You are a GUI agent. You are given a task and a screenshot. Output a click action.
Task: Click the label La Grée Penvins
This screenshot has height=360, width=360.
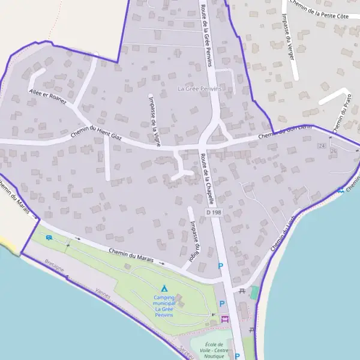[200, 89]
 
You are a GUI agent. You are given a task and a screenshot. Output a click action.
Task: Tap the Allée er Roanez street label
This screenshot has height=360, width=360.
[48, 97]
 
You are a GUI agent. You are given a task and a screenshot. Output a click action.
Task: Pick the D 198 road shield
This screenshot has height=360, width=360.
[213, 212]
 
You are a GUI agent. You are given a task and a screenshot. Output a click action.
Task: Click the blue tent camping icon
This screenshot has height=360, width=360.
[164, 289]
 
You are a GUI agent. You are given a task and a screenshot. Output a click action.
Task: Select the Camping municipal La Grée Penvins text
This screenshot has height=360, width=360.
[164, 306]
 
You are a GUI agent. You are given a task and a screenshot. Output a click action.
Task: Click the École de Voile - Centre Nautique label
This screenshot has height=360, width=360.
[214, 350]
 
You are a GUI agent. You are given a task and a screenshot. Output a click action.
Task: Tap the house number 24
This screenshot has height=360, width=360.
[322, 146]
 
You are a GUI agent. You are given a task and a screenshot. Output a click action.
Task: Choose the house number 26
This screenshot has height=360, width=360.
[334, 151]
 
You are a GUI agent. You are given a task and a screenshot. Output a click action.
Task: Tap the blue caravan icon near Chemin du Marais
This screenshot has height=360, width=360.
[49, 237]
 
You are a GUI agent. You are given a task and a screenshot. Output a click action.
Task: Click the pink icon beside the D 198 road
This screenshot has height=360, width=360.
[225, 319]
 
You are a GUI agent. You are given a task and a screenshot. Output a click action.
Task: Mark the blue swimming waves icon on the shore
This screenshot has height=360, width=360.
[340, 191]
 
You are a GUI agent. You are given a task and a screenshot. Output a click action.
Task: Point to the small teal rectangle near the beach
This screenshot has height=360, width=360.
[254, 293]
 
